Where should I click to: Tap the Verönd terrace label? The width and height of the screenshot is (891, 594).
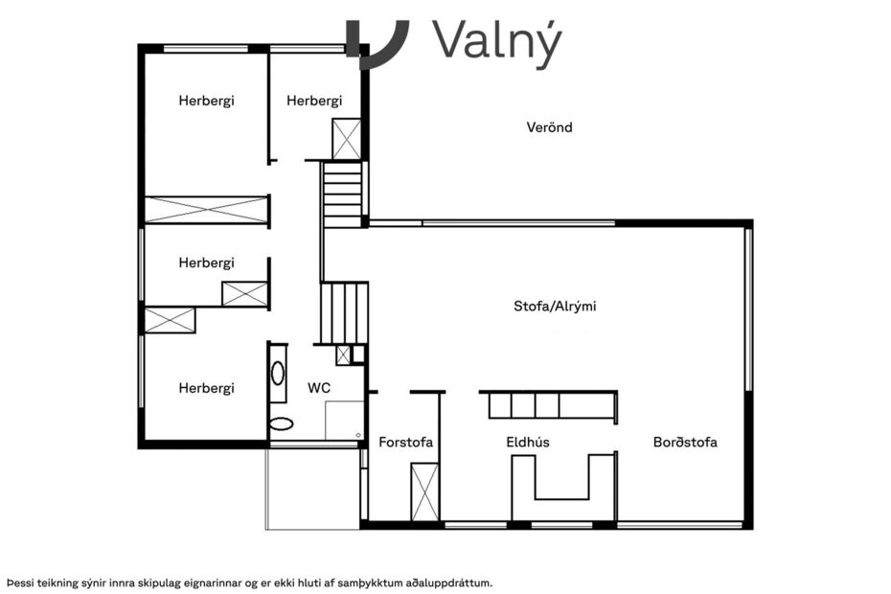(549, 127)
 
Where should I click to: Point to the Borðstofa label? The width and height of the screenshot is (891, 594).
(685, 443)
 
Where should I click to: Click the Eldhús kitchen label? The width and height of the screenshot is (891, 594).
(528, 443)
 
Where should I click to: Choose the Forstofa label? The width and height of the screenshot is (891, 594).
(405, 443)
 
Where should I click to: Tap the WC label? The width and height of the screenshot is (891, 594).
(319, 389)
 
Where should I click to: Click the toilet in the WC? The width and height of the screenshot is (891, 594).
(281, 423)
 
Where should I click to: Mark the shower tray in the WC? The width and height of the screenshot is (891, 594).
(344, 420)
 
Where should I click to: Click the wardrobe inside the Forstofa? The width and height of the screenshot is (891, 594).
(424, 491)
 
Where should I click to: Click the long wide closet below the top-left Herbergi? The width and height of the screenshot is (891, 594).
(206, 210)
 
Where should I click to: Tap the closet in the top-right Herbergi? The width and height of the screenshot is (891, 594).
(346, 139)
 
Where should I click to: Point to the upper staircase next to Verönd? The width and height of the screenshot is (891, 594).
(342, 194)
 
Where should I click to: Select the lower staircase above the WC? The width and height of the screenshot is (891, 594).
(343, 312)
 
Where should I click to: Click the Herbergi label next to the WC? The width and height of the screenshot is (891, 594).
(206, 389)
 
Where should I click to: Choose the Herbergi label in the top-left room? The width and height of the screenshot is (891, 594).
(206, 101)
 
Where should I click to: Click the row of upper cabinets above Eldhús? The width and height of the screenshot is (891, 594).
(548, 406)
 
